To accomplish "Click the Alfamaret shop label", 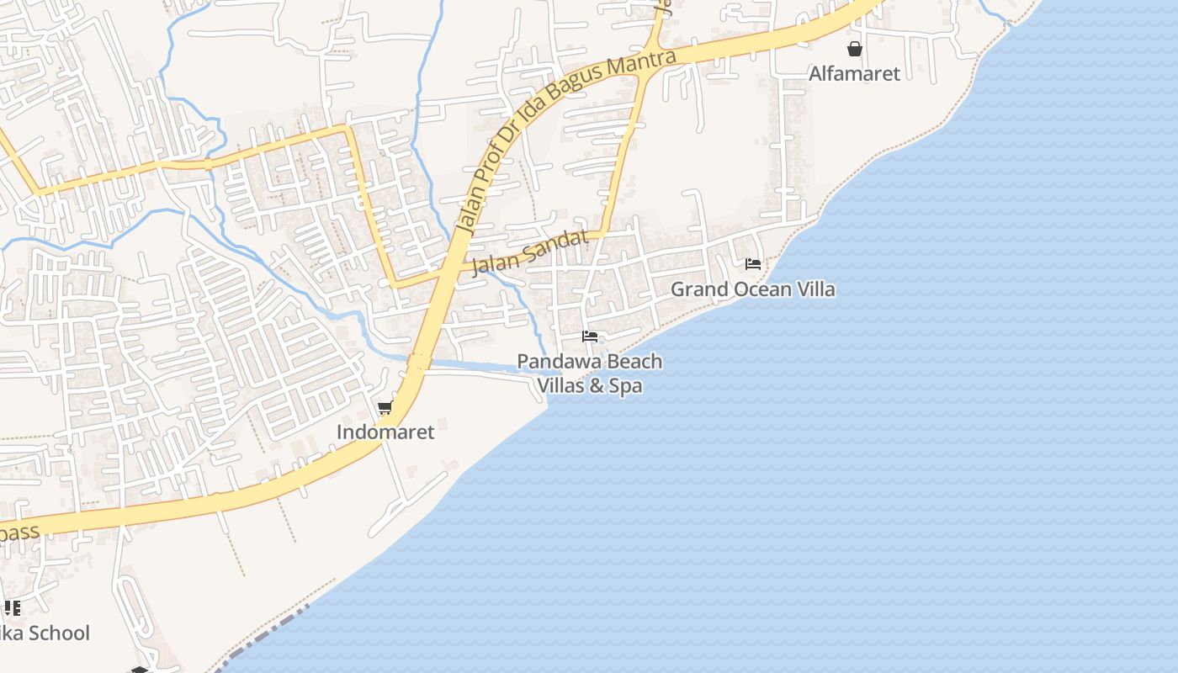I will pos(854,74).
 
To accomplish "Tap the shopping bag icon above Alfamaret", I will pos(855,50).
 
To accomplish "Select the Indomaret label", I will pos(385,432).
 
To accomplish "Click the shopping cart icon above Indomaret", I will pos(385,409).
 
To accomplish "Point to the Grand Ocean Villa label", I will pos(752,289).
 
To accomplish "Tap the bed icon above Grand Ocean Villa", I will pos(753,264).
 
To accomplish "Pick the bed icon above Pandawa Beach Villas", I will pos(590,337).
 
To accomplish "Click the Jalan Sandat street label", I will pos(529,253).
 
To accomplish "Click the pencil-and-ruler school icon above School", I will pos(12,608).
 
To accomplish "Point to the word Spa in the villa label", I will pos(628,387).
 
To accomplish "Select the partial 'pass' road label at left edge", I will pos(19,533).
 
